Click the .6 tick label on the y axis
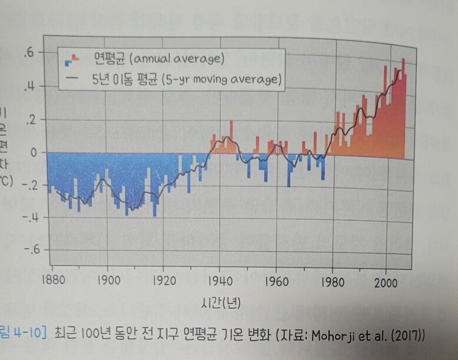tap(28, 53)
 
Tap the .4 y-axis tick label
tap(28, 87)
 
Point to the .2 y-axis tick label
tap(28, 119)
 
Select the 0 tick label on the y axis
tap(32, 152)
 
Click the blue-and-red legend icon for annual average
tap(70, 58)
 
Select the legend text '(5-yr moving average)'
tap(219, 79)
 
